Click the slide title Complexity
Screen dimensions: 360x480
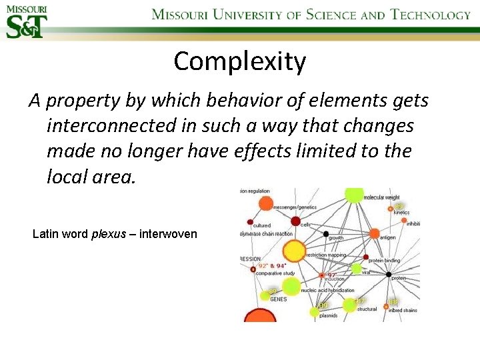tap(240, 61)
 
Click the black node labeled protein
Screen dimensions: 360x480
tap(389, 274)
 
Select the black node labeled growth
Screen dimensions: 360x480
tap(326, 234)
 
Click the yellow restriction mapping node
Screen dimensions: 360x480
tap(294, 251)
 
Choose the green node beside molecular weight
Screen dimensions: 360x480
tap(354, 194)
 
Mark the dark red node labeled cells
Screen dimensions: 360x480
tap(295, 221)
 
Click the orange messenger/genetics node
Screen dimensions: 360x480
tap(265, 204)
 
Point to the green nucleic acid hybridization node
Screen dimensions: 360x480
tap(291, 287)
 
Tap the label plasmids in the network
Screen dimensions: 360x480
tap(329, 315)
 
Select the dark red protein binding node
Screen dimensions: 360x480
tap(365, 257)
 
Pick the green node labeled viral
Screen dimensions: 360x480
tap(356, 269)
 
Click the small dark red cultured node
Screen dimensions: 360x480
tap(250, 221)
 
